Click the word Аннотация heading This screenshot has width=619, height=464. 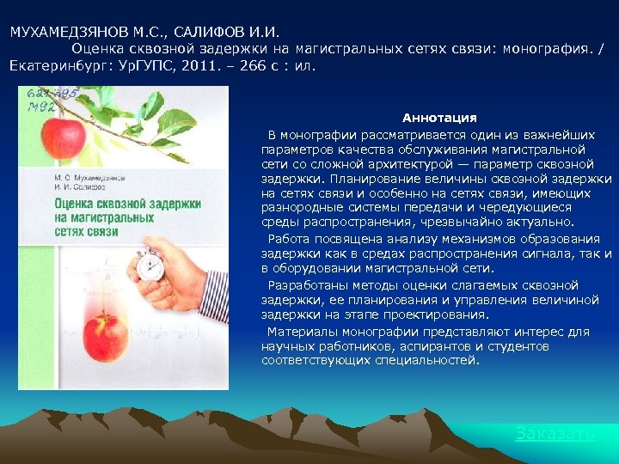click(x=439, y=118)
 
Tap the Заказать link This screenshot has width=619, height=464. click(x=555, y=434)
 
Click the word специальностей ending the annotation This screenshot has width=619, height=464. click(x=430, y=362)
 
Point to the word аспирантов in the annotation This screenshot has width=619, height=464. click(x=404, y=346)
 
